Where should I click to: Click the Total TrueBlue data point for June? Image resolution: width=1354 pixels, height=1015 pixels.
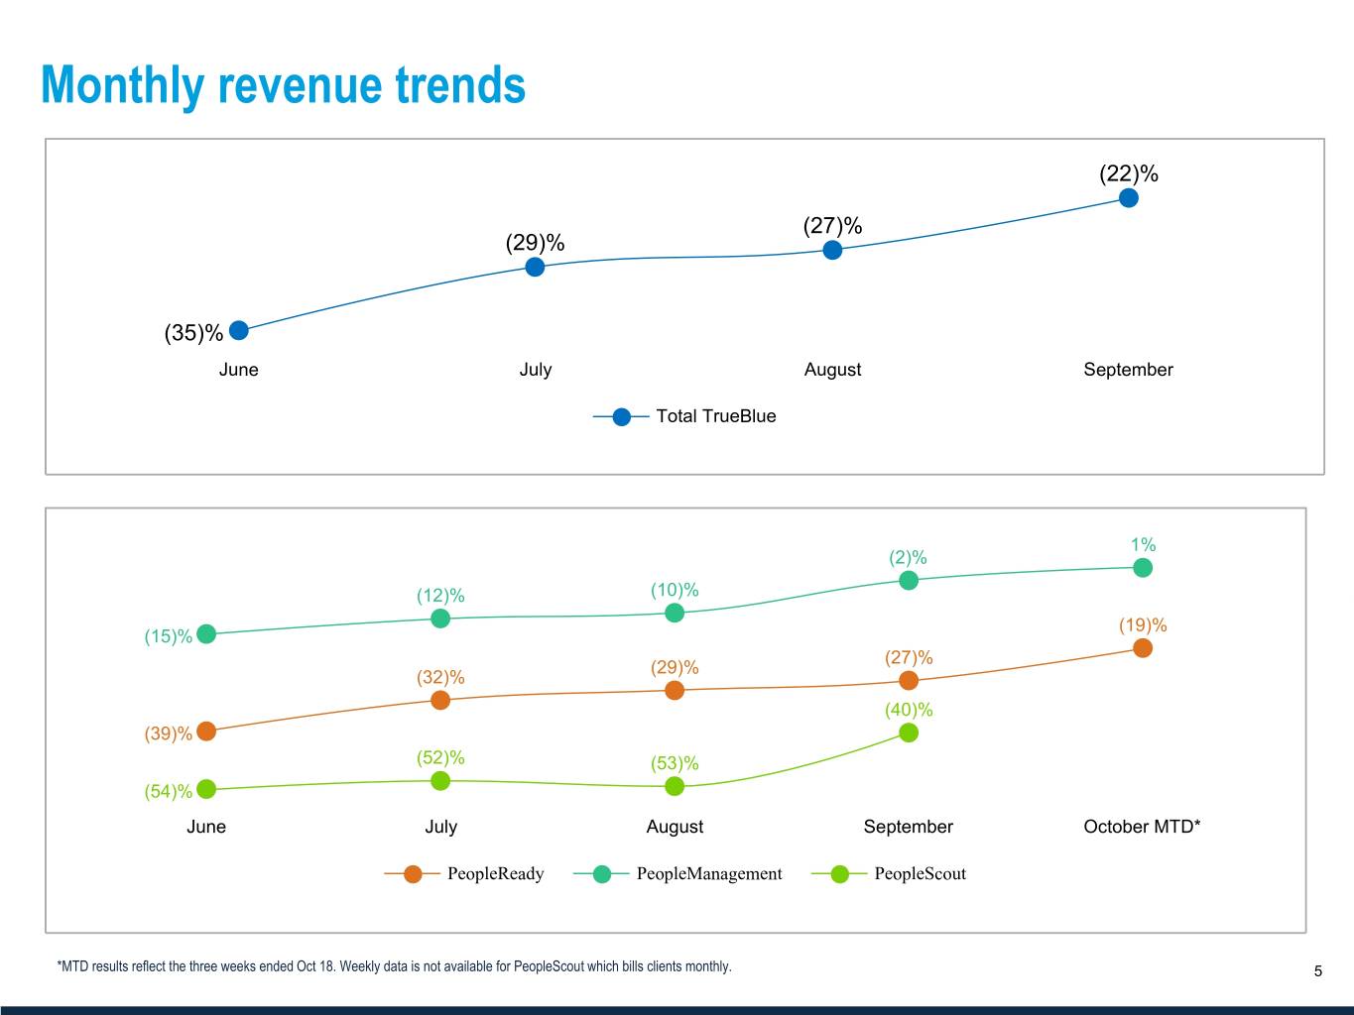[x=238, y=330]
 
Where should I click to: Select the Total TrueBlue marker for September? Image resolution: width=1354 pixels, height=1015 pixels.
[x=1128, y=198]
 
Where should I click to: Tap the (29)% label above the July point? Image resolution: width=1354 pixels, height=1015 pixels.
[x=535, y=243]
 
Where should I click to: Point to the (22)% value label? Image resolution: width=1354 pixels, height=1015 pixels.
[x=1128, y=173]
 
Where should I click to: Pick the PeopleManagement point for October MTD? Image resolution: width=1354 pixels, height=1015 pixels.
[x=1142, y=568]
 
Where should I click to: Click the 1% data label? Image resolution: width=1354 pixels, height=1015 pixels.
[x=1143, y=544]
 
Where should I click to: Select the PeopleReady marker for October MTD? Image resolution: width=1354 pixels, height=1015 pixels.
[x=1142, y=648]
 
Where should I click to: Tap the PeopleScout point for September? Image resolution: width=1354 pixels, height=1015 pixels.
[x=908, y=733]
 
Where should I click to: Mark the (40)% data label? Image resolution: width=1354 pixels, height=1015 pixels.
[x=909, y=710]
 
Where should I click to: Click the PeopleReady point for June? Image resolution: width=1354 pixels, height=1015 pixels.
[x=206, y=732]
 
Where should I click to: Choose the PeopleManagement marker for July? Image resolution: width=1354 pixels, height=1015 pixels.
[x=440, y=619]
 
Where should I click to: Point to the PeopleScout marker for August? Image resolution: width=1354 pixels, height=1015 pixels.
[x=675, y=786]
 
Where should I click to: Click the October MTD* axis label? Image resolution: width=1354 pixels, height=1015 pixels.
[x=1142, y=827]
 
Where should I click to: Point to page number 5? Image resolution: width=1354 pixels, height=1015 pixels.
[x=1318, y=971]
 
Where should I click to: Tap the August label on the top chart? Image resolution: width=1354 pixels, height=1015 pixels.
[x=832, y=370]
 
